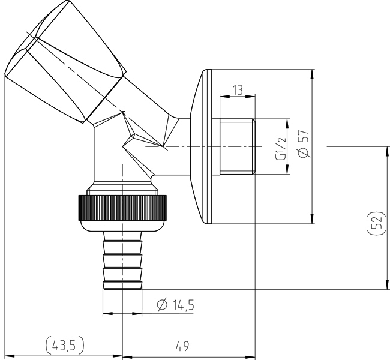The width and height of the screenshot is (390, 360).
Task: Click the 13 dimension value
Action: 238,90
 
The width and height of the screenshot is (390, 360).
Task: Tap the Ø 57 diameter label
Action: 304,143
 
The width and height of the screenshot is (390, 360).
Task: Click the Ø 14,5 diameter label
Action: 175,305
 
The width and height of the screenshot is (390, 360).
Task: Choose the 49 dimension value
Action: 182,346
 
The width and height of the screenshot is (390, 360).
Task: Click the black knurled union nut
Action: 122,208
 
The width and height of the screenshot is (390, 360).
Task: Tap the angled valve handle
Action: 65,61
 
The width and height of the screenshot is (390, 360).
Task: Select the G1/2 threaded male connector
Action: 237,146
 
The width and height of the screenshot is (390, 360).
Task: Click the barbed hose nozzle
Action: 122,260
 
